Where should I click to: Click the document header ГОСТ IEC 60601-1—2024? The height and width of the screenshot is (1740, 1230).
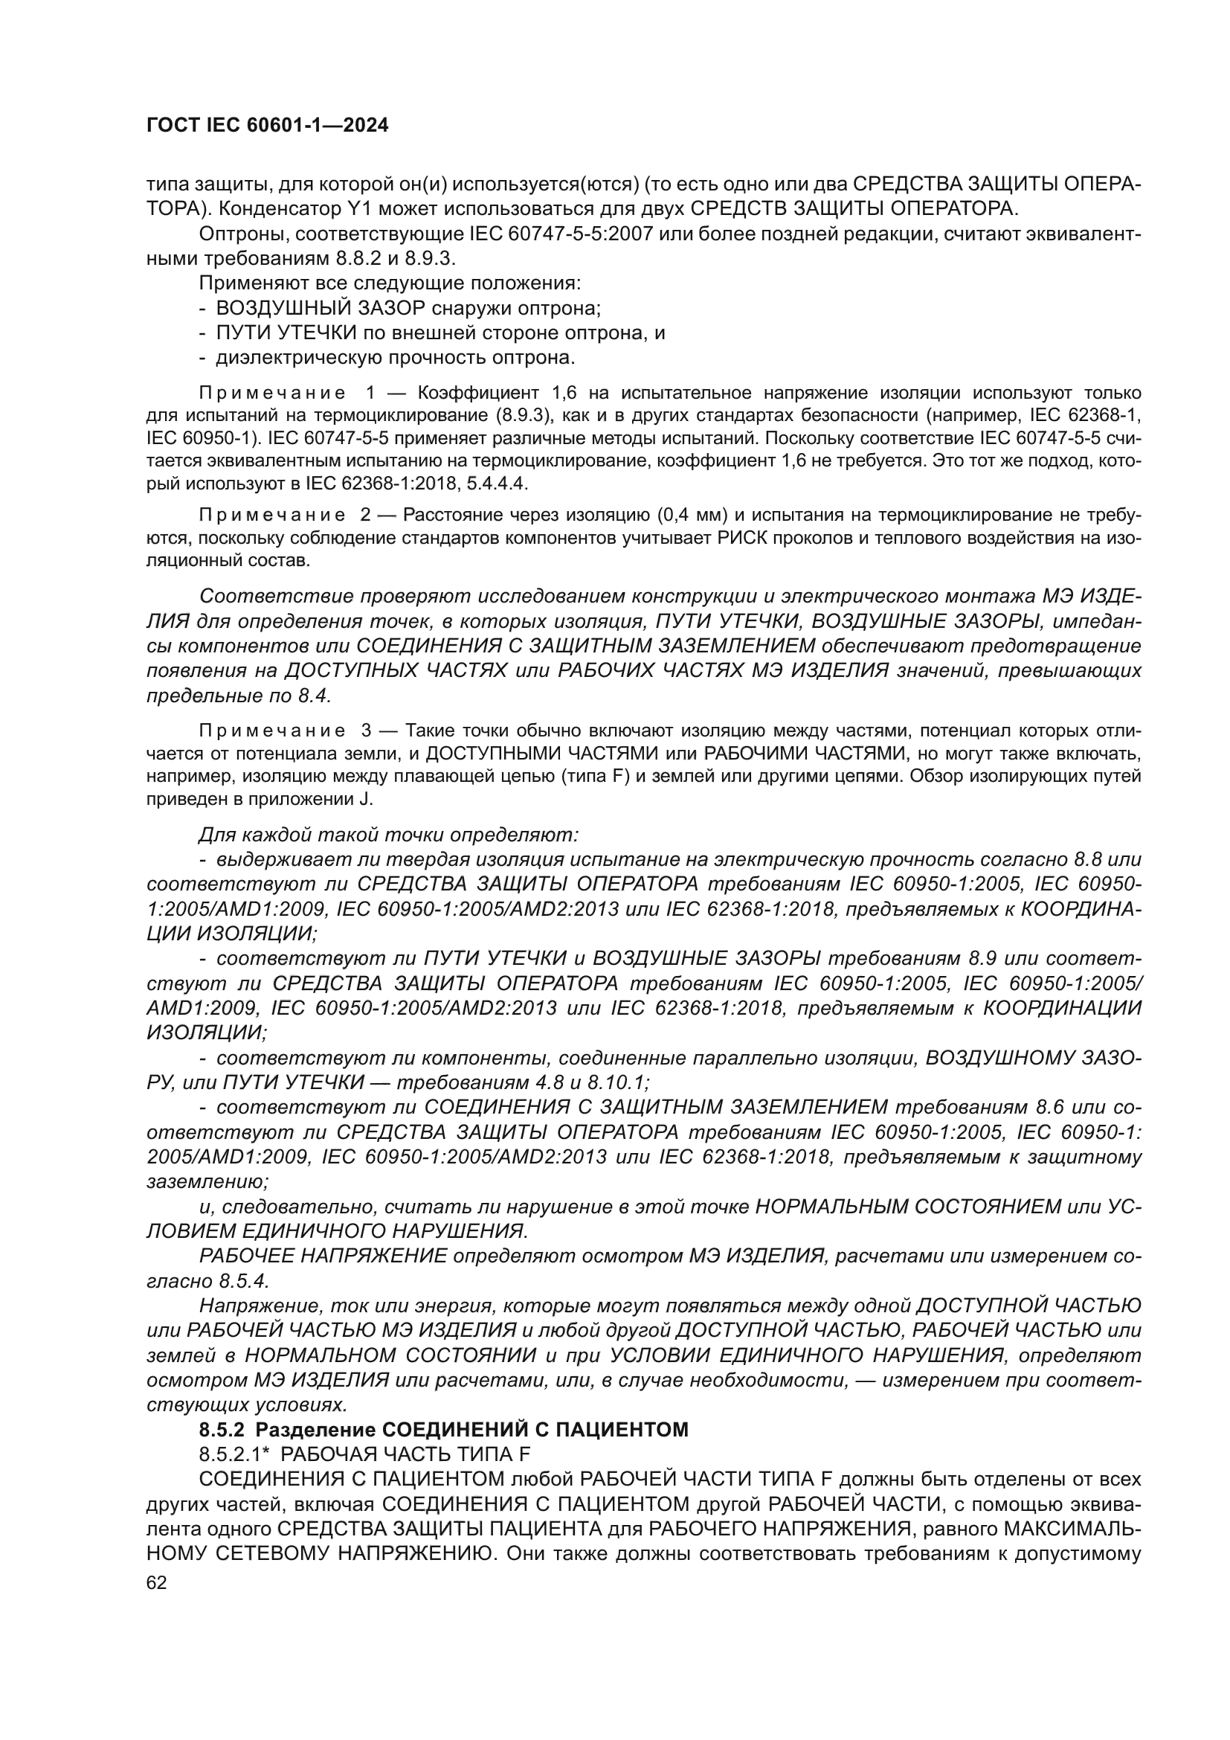[268, 126]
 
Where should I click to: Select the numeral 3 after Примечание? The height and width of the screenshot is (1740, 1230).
[367, 731]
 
